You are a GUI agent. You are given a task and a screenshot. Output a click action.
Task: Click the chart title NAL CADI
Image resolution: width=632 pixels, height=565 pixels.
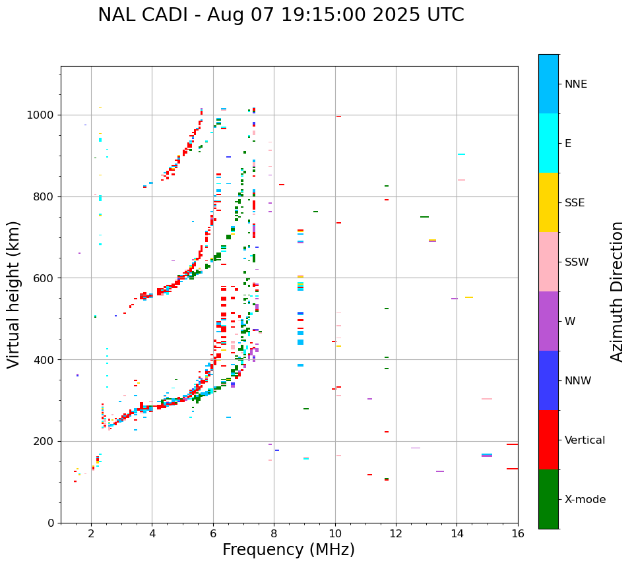280,15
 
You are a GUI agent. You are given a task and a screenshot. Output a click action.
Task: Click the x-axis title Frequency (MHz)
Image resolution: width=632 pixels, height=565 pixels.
288,550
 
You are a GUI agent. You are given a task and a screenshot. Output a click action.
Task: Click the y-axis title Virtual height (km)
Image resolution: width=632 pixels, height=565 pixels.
14,295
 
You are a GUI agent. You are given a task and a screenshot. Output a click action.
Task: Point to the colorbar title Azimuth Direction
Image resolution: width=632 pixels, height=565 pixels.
617,291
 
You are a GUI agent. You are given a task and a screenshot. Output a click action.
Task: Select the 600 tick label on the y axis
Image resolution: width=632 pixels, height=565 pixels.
44,278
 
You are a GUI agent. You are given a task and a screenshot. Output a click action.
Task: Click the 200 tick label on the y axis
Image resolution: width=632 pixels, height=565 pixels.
44,442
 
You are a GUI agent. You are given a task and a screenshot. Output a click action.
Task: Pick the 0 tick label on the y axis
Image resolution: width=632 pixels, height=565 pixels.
51,523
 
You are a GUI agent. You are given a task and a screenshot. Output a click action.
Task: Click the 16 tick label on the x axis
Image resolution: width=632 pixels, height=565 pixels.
518,533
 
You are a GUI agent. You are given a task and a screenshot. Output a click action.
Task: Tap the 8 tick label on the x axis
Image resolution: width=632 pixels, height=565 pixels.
274,533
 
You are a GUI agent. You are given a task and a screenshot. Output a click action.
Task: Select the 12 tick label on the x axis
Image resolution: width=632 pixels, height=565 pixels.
396,533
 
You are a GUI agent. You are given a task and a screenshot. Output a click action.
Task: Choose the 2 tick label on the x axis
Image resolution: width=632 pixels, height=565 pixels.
91,533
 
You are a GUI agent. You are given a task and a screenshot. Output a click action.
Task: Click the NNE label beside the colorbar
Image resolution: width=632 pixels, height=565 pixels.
575,84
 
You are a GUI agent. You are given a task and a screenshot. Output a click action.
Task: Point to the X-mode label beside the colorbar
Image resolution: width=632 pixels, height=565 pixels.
585,500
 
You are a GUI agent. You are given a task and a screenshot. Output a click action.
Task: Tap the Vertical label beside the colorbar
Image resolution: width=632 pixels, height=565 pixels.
585,440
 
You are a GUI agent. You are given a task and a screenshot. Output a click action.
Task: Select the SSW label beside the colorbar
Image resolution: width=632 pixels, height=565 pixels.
577,262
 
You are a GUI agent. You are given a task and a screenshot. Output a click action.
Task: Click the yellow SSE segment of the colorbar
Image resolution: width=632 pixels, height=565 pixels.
548,202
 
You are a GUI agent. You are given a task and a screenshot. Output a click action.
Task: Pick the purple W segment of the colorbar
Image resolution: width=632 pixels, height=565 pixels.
548,321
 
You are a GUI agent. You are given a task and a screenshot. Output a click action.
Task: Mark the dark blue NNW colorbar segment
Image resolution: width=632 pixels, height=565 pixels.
548,380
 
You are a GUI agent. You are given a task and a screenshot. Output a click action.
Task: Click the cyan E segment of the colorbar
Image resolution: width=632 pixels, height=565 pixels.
548,143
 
